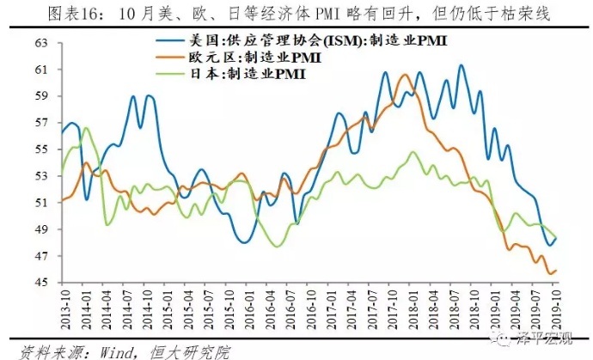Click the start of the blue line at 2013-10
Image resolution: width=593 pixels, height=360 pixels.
coord(61,132)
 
